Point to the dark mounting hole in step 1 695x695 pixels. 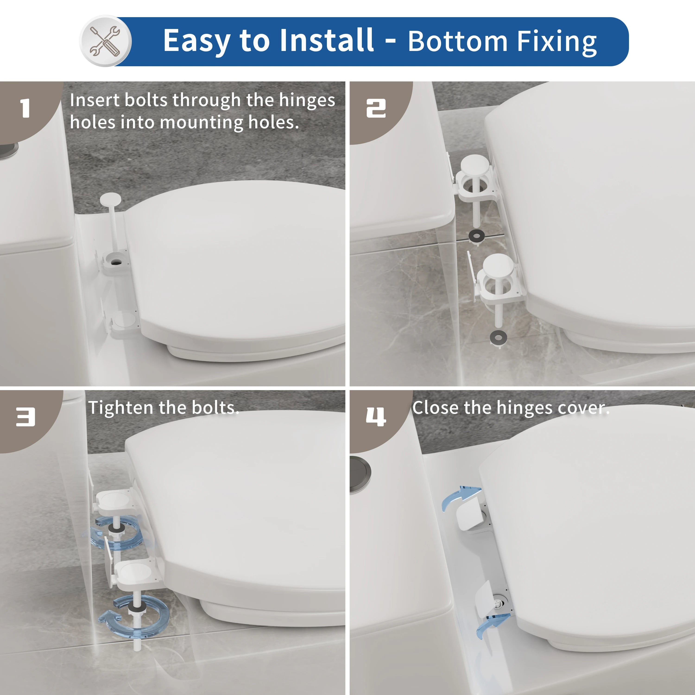[116, 262]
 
